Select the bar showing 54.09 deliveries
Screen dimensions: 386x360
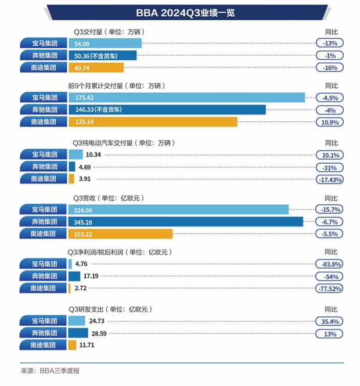(x=105, y=43)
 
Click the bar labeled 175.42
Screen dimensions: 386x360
(x=186, y=98)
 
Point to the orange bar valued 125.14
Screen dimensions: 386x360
(x=152, y=122)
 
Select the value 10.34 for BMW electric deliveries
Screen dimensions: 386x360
(x=93, y=154)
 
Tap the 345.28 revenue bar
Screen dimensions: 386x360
(x=185, y=222)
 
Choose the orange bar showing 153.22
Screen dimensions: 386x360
(x=120, y=234)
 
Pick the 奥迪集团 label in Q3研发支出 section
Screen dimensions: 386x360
(x=44, y=345)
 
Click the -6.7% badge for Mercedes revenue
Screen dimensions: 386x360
(x=330, y=222)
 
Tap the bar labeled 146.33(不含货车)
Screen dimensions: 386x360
(x=167, y=110)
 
